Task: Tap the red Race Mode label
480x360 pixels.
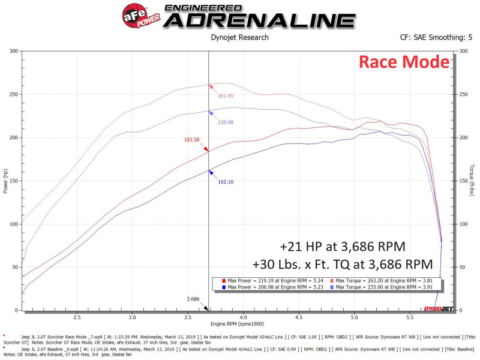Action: click(403, 61)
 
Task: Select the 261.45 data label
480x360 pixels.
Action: click(217, 95)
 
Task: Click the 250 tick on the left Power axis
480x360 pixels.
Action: click(13, 94)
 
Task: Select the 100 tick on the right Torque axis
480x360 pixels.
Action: click(463, 224)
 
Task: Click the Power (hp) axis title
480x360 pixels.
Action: click(6, 181)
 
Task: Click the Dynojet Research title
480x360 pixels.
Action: click(240, 37)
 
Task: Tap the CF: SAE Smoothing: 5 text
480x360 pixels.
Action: click(436, 37)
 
